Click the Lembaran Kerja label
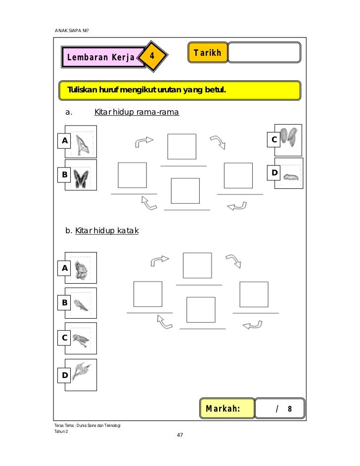(101, 58)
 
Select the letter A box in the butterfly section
(64, 141)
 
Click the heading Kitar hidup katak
(106, 230)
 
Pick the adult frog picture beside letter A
(80, 268)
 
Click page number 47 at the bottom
(180, 435)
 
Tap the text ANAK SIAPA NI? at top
(72, 31)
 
